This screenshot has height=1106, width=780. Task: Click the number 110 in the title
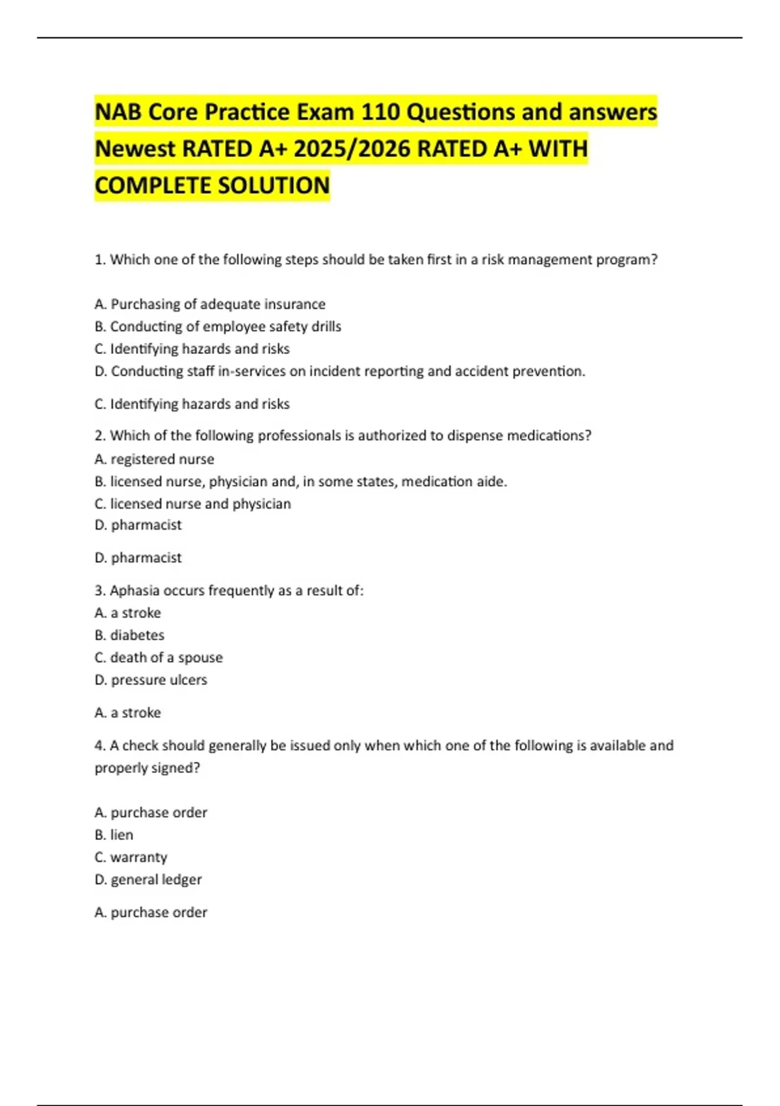point(380,112)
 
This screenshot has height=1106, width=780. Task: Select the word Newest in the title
point(135,149)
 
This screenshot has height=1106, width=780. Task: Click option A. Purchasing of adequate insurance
point(210,304)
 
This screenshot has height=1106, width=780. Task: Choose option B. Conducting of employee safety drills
point(218,327)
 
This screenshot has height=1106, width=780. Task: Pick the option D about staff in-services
point(340,371)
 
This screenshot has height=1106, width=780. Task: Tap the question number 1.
point(99,260)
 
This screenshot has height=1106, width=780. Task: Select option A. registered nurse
point(154,459)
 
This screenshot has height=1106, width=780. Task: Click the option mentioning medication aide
point(300,481)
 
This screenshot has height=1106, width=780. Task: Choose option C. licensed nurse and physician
point(192,504)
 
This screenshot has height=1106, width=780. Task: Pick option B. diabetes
point(129,635)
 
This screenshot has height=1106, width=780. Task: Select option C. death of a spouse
point(159,657)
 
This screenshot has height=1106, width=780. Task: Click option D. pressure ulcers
point(151,680)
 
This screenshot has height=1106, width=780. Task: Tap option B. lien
point(114,835)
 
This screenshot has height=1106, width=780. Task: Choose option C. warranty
point(131,857)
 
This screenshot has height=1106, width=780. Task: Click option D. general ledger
point(148,880)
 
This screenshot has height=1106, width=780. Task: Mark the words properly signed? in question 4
point(147,768)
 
